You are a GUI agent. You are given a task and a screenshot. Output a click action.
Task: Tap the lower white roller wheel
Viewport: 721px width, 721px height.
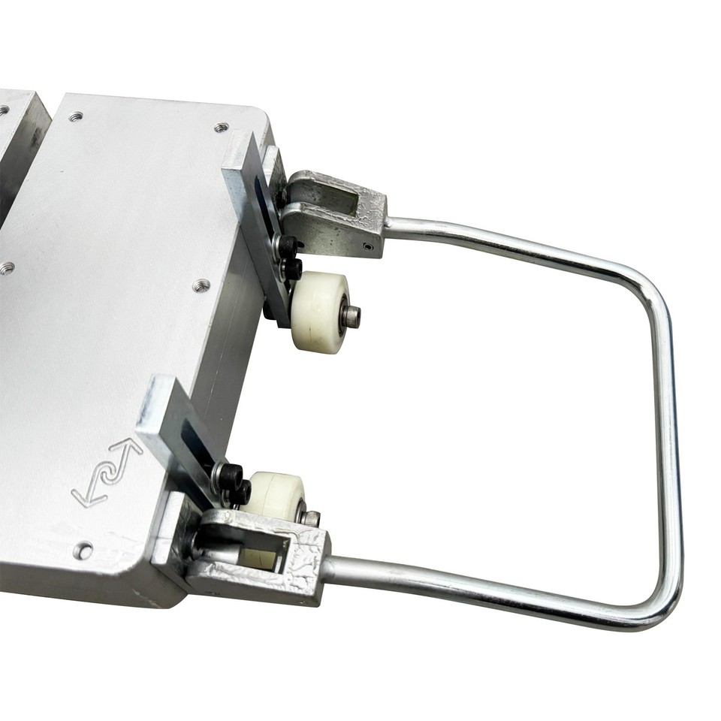(274, 496)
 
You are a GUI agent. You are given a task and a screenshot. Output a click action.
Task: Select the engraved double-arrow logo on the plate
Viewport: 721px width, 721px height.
(107, 473)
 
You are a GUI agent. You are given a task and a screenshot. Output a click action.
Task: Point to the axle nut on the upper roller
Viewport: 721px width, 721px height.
(351, 317)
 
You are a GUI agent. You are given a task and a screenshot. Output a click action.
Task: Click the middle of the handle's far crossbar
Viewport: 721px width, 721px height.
(668, 451)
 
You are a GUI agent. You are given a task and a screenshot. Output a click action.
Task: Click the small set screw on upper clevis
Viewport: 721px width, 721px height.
(367, 246)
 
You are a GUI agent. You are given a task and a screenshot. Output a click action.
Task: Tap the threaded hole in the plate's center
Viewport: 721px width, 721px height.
(201, 285)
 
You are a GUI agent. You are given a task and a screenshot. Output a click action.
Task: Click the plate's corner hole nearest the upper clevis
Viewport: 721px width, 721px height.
(221, 128)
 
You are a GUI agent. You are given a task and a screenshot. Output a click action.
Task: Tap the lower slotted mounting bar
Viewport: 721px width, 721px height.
(180, 436)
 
